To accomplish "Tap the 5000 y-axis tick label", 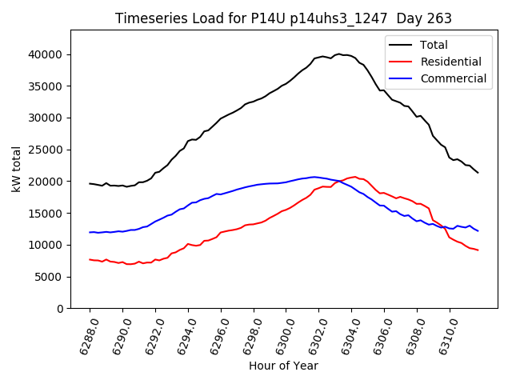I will click(50, 277).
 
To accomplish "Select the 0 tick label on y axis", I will click(60, 309).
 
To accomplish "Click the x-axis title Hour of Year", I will click(283, 366).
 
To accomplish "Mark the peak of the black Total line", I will click(339, 54).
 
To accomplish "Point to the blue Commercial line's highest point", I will click(314, 177).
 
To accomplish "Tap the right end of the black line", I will click(478, 173).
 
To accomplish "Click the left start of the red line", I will click(90, 259).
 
